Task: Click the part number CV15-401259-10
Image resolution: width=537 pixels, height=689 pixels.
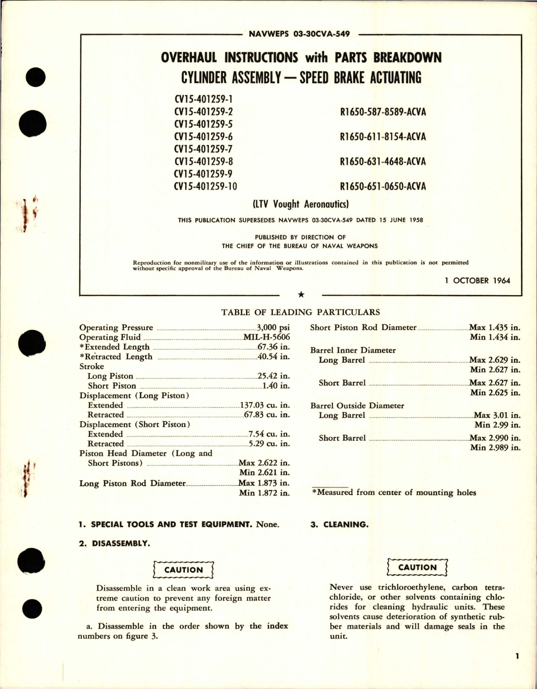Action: coord(205,186)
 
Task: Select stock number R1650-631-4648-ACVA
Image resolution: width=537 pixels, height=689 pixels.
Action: coord(383,161)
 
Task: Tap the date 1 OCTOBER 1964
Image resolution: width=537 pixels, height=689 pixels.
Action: coord(478,280)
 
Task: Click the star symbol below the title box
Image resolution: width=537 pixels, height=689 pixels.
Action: coord(301,295)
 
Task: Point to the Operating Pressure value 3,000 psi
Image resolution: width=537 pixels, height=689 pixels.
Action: coord(273,328)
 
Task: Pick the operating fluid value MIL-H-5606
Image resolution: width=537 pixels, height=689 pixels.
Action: coord(267,337)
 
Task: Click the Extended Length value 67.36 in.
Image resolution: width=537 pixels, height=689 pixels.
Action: coord(274,347)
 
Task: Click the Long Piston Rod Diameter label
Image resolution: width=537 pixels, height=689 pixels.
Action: coord(132,483)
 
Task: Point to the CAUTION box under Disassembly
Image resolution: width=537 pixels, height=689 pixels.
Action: coord(183,570)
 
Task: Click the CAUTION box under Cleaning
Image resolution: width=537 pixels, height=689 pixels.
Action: coord(417,567)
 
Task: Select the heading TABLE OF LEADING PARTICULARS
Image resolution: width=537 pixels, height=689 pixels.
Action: coord(300,312)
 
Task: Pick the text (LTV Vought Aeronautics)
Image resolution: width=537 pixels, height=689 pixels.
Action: coord(301,204)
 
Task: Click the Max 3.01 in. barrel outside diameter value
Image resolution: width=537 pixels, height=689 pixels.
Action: coord(497,415)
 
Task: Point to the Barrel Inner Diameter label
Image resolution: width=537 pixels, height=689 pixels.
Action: coord(353,350)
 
